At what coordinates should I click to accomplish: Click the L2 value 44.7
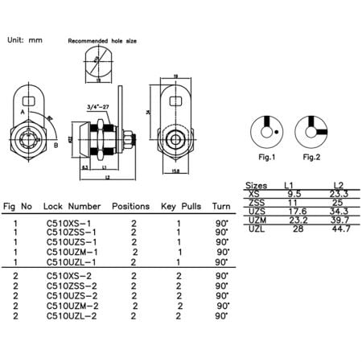tap(340, 229)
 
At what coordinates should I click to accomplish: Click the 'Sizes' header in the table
tap(255, 185)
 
